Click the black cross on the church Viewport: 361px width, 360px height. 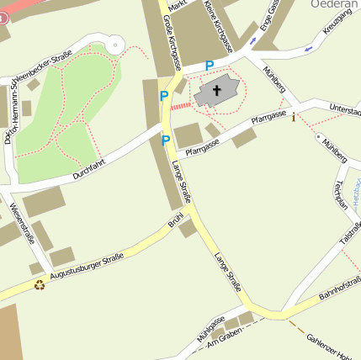click(x=216, y=89)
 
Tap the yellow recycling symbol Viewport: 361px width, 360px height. click(x=40, y=284)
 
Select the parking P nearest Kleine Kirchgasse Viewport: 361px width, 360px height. click(x=210, y=66)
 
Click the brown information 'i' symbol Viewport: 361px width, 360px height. click(x=293, y=118)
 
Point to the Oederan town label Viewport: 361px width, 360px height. click(x=335, y=4)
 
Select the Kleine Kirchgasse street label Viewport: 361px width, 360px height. click(x=217, y=26)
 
